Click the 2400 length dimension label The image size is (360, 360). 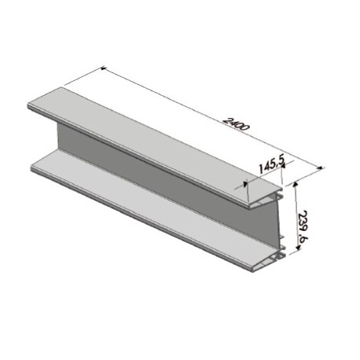click(x=236, y=124)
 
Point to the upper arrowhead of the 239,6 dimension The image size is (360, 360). click(x=296, y=185)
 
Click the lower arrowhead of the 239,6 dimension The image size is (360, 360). click(x=297, y=247)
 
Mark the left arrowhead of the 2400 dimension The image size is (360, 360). click(x=103, y=68)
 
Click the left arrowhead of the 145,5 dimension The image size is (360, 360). click(x=245, y=184)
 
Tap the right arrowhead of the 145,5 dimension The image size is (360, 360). click(x=283, y=165)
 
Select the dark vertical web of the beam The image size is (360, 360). click(x=167, y=173)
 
